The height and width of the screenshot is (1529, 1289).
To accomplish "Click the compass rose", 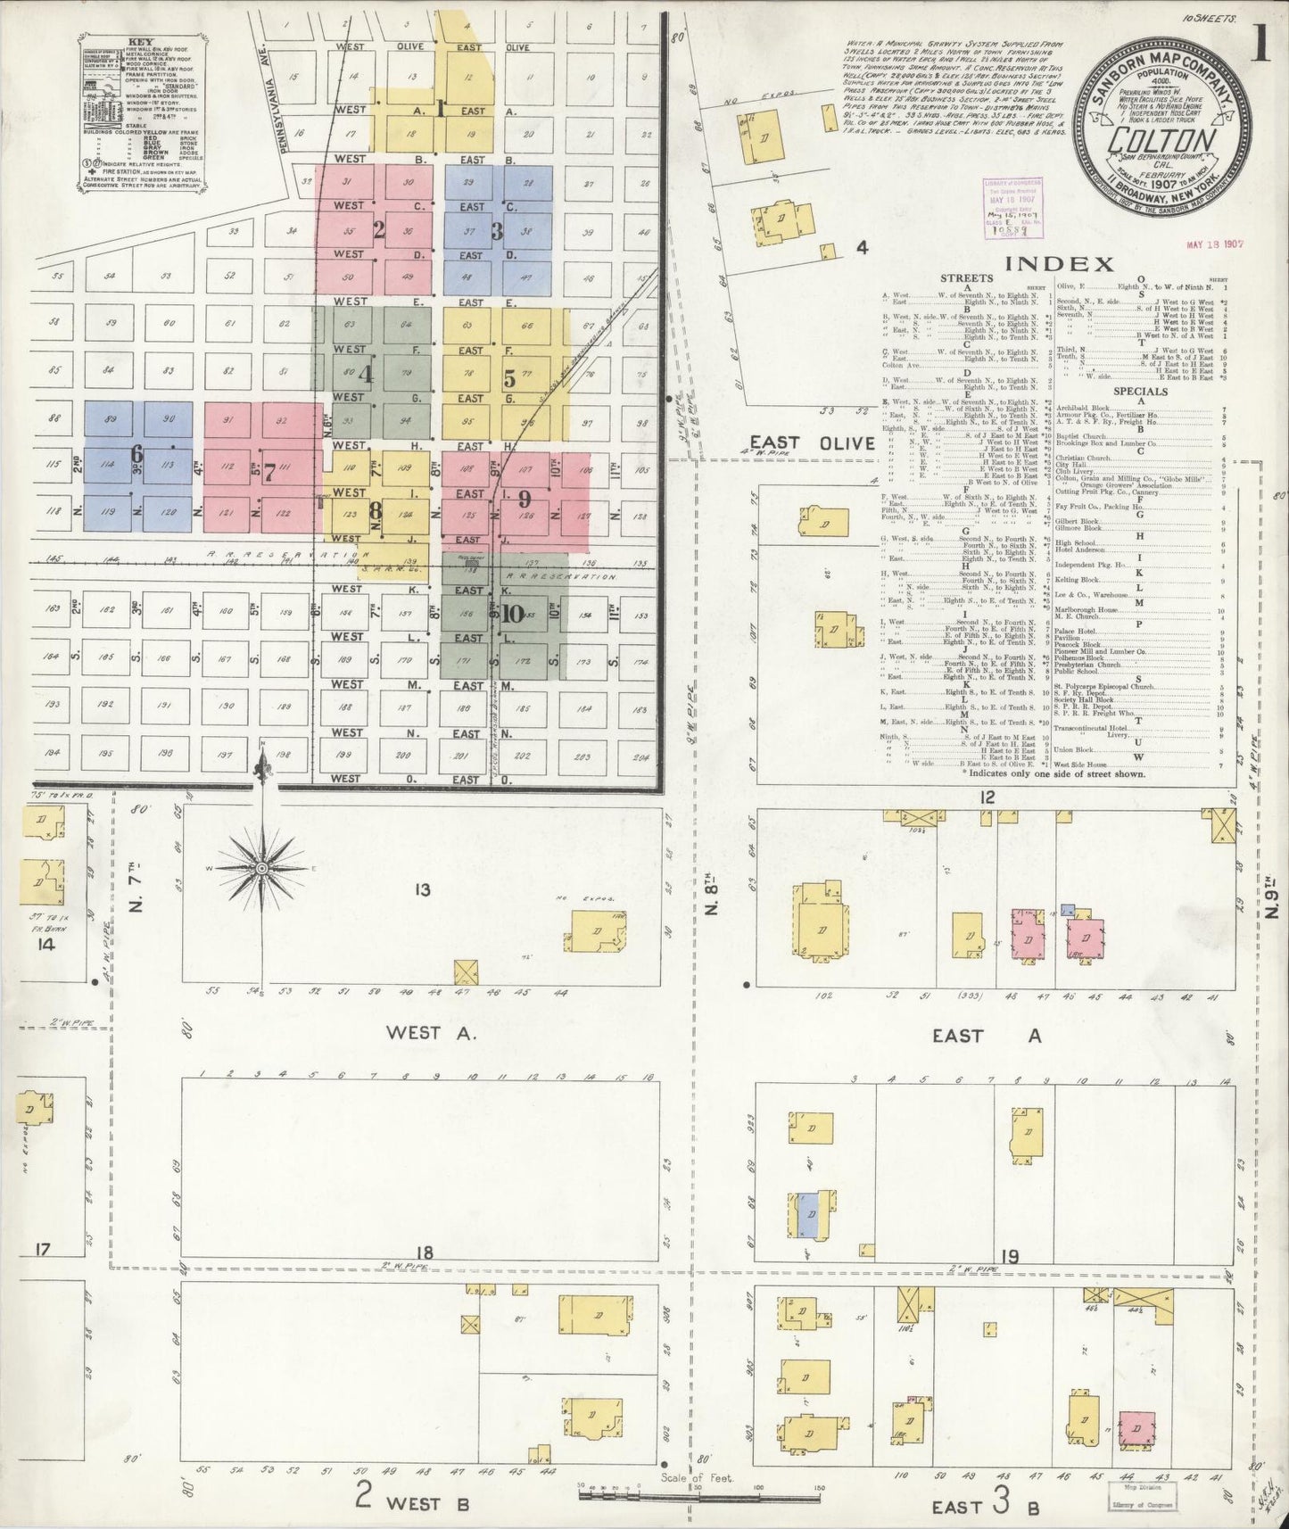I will pyautogui.click(x=262, y=867).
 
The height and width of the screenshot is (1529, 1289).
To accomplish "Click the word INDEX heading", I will pyautogui.click(x=1059, y=263).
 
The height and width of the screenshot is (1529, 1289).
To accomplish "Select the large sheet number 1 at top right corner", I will pyautogui.click(x=1260, y=45).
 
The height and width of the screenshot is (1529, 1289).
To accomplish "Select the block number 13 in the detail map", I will pyautogui.click(x=422, y=889).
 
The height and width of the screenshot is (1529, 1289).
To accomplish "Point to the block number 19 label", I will pyautogui.click(x=1009, y=1257).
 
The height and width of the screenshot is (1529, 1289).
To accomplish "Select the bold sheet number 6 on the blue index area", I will pyautogui.click(x=136, y=453).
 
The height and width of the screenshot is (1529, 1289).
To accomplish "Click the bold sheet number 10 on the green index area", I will pyautogui.click(x=512, y=614).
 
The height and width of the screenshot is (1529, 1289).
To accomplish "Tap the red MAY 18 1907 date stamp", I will pyautogui.click(x=1215, y=244).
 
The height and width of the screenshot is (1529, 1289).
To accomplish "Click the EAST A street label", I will pyautogui.click(x=986, y=1036).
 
